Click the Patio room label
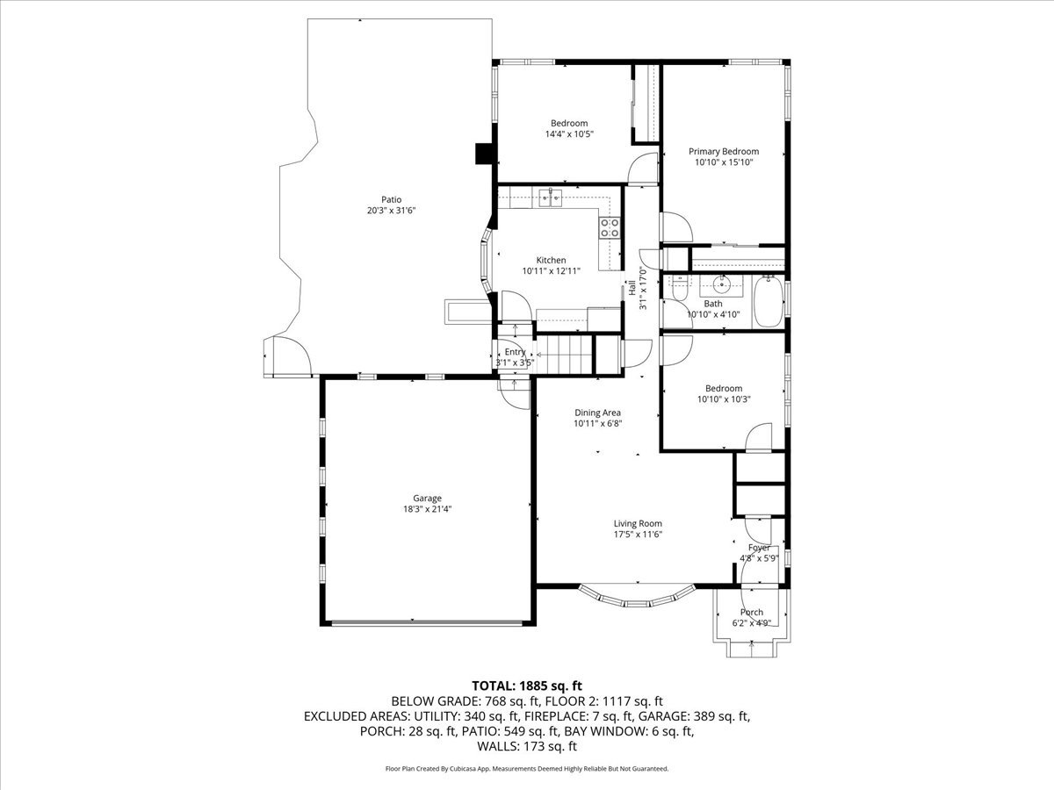click(x=391, y=199)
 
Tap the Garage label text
click(x=427, y=499)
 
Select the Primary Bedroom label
click(x=724, y=152)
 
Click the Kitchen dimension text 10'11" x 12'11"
click(x=552, y=271)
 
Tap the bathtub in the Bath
click(x=769, y=301)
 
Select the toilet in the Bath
click(x=679, y=289)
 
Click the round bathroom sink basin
click(x=721, y=286)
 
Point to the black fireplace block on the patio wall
click(x=484, y=154)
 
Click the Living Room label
click(x=638, y=523)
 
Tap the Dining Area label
click(x=597, y=413)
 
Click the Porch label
click(x=752, y=612)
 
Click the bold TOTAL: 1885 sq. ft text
click(x=527, y=686)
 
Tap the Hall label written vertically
click(x=632, y=287)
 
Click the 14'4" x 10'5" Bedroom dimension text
click(x=569, y=133)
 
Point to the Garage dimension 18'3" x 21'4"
click(x=427, y=509)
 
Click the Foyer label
click(x=759, y=548)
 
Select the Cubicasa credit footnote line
click(x=527, y=769)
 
